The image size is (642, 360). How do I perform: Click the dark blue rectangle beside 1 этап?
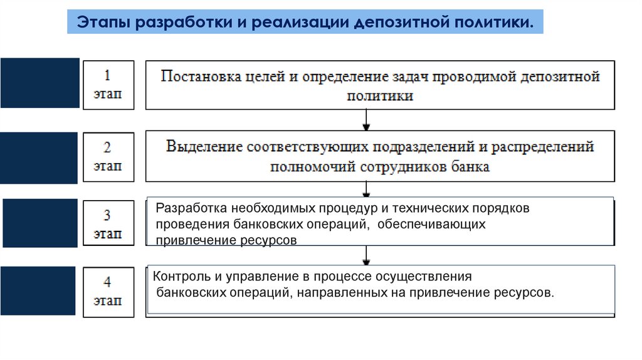click(x=40, y=83)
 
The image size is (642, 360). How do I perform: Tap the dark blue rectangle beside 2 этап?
click(x=39, y=158)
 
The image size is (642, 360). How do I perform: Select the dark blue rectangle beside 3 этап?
click(x=39, y=223)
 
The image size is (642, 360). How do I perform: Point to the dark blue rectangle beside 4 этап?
click(x=39, y=290)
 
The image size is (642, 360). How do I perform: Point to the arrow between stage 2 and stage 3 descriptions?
click(x=366, y=189)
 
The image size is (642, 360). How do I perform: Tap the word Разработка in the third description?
click(x=191, y=208)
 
